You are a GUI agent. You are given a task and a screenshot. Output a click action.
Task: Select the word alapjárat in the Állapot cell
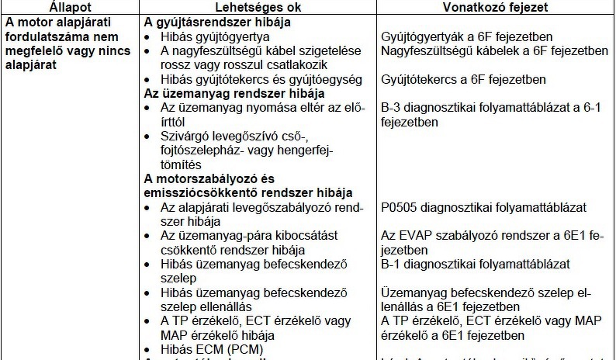(x=33, y=65)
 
